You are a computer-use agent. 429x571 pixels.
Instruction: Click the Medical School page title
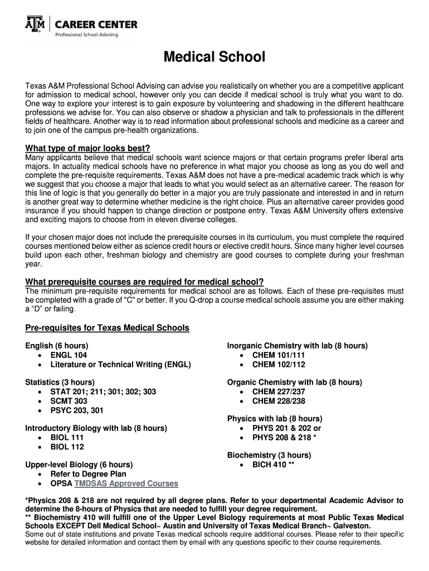pyautogui.click(x=214, y=57)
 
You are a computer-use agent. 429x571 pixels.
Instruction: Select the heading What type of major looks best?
pyautogui.click(x=88, y=148)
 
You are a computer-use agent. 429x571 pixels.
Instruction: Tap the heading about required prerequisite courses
pyautogui.click(x=144, y=281)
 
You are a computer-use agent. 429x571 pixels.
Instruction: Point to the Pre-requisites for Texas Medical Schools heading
pyautogui.click(x=107, y=327)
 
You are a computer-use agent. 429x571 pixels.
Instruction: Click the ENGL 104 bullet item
pyautogui.click(x=69, y=355)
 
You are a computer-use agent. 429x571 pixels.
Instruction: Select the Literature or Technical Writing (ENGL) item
pyautogui.click(x=120, y=365)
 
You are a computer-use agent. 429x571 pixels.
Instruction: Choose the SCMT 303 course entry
pyautogui.click(x=69, y=401)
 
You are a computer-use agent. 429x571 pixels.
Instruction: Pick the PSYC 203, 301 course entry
pyautogui.click(x=76, y=410)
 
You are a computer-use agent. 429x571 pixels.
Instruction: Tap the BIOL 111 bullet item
pyautogui.click(x=67, y=438)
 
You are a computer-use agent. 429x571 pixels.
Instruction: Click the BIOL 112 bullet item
pyautogui.click(x=67, y=447)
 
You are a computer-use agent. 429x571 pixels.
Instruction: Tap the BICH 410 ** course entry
pyautogui.click(x=273, y=464)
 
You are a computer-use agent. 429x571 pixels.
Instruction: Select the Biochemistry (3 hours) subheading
pyautogui.click(x=269, y=455)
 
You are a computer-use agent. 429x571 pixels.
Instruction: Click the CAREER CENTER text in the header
pyautogui.click(x=95, y=25)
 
